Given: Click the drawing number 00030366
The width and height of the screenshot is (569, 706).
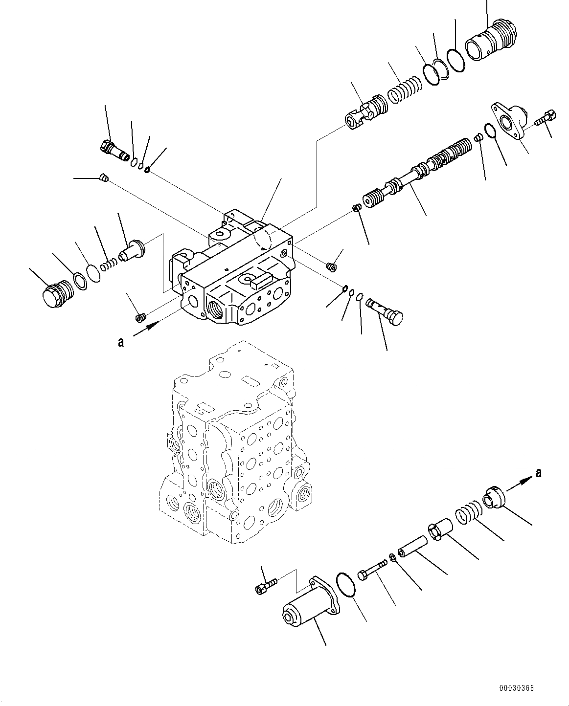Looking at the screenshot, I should coord(517,688).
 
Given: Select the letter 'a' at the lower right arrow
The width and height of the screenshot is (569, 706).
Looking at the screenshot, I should coord(539,472).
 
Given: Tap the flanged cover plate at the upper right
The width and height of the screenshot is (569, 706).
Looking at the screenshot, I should coord(509,120).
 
